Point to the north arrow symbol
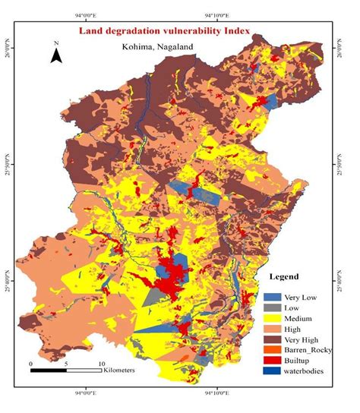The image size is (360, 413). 55,54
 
